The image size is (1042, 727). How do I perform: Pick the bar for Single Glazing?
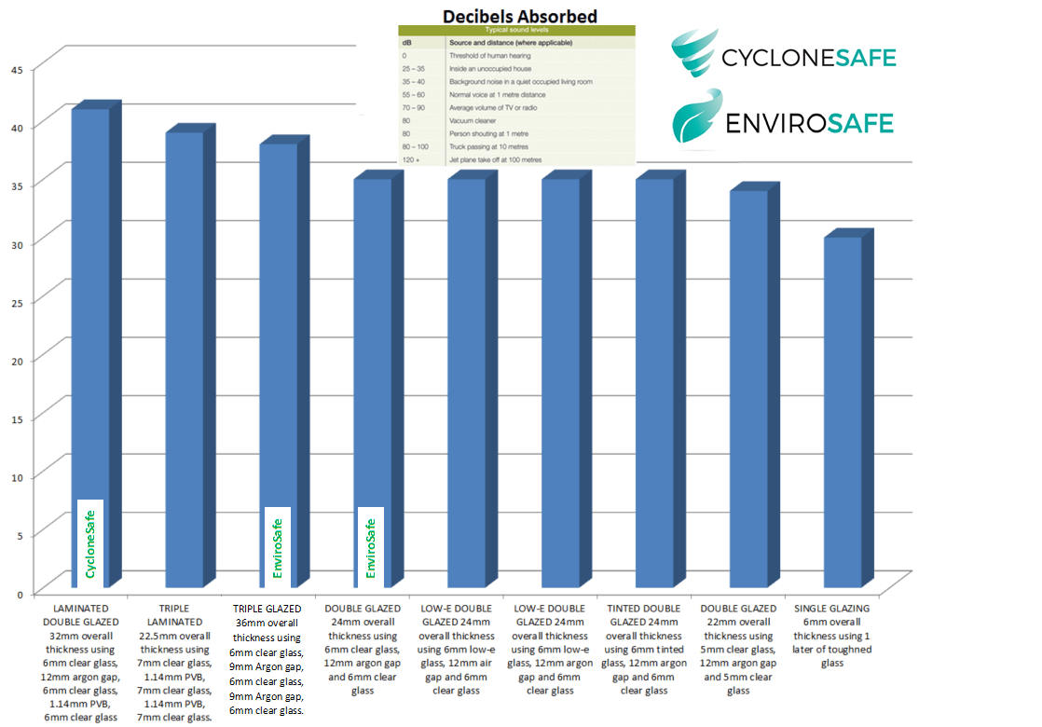pyautogui.click(x=843, y=410)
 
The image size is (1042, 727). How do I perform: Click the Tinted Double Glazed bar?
pyautogui.click(x=655, y=382)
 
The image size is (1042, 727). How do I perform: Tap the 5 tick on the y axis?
pyautogui.click(x=20, y=535)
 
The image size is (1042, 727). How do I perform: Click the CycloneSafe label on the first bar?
pyautogui.click(x=90, y=543)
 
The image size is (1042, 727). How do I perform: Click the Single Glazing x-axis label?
pyautogui.click(x=831, y=635)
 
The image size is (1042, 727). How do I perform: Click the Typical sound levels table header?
pyautogui.click(x=516, y=31)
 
